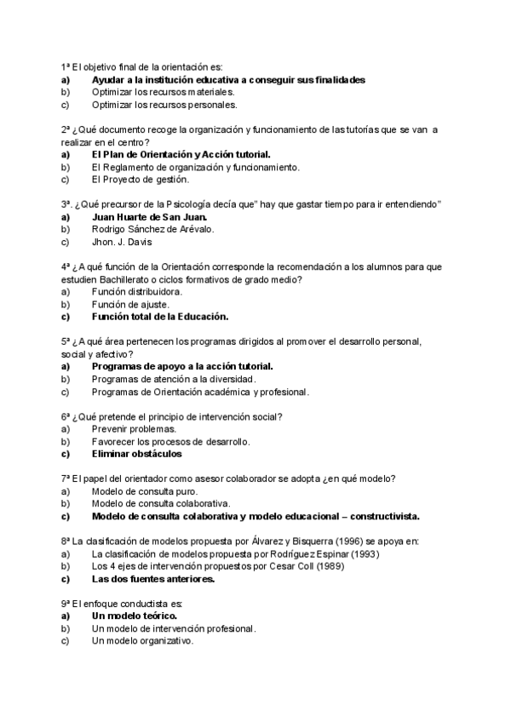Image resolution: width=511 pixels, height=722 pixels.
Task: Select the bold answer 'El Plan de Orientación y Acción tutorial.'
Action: (x=181, y=154)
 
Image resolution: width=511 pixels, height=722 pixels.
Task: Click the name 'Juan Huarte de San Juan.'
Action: (x=149, y=217)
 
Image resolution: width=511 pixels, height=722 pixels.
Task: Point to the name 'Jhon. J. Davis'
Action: (x=123, y=242)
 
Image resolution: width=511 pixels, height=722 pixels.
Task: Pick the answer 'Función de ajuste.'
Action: (x=130, y=304)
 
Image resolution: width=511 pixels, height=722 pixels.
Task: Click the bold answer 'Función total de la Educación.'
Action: (x=160, y=317)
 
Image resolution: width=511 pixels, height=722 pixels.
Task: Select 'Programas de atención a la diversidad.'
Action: (x=174, y=379)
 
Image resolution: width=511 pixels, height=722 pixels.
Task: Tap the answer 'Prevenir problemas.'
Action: (x=134, y=429)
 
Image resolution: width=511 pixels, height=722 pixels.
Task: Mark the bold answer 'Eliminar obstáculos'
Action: (x=136, y=454)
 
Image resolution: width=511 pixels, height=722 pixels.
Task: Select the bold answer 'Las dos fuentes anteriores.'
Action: (x=152, y=579)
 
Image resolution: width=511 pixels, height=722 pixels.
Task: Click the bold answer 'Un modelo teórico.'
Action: (x=134, y=616)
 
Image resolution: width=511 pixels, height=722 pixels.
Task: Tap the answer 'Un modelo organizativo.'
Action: (x=142, y=641)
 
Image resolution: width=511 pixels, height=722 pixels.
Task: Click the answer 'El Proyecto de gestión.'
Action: (x=141, y=180)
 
